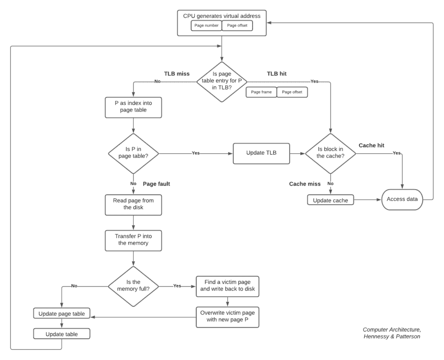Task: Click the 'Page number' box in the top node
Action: (x=206, y=26)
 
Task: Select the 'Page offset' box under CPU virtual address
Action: (x=237, y=26)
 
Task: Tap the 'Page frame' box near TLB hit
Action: (x=261, y=92)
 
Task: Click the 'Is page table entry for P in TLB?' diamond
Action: (x=222, y=81)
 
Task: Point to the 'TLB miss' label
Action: (x=176, y=74)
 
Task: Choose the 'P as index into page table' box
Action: (x=133, y=107)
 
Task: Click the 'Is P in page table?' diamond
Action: (x=133, y=153)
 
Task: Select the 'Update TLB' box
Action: (x=261, y=153)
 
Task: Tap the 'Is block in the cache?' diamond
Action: (x=330, y=153)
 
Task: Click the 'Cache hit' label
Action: (x=372, y=145)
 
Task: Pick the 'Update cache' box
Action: (x=330, y=200)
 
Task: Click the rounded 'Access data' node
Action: (x=402, y=200)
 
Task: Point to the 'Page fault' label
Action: (x=156, y=184)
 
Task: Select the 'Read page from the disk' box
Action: (x=133, y=204)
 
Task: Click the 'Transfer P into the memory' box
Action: (x=133, y=240)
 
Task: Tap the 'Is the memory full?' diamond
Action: (x=133, y=286)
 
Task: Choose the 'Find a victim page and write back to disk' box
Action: (x=228, y=286)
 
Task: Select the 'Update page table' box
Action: (x=62, y=314)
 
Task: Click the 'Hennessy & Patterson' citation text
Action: (x=392, y=336)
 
